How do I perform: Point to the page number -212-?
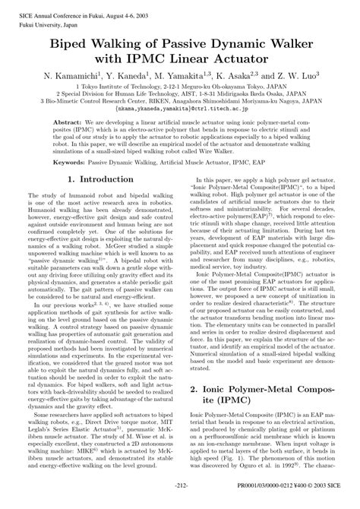[181, 504]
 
